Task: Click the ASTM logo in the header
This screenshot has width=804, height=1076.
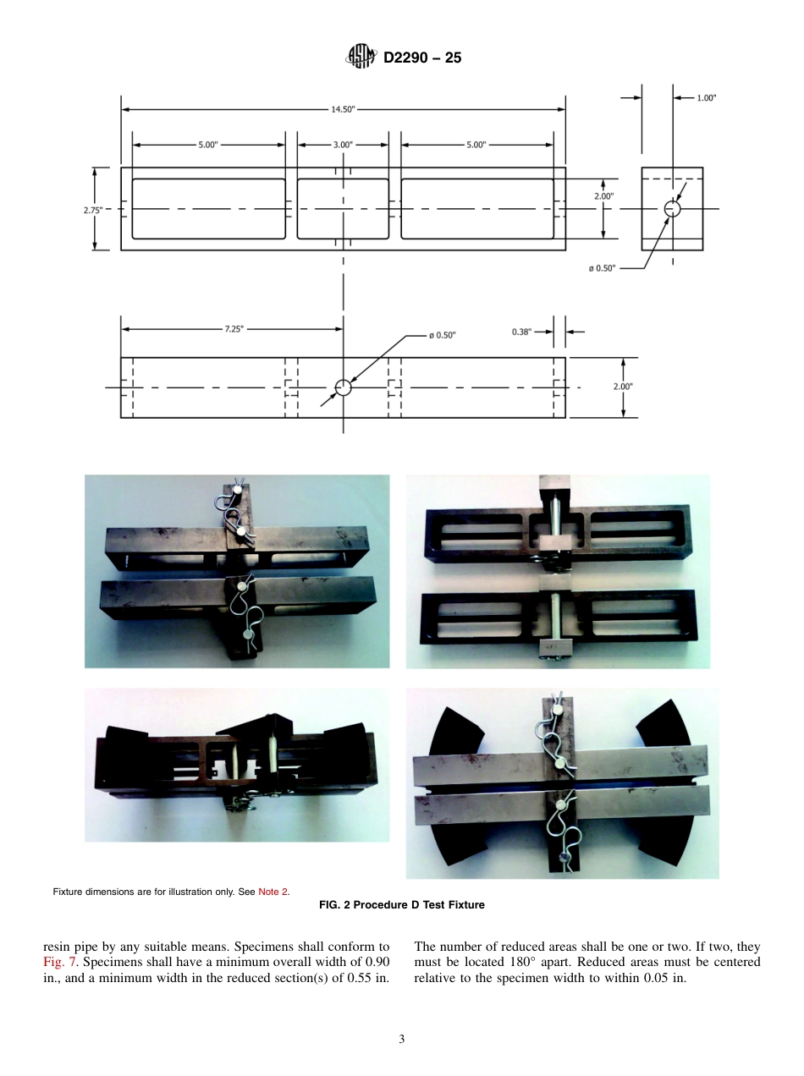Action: point(360,58)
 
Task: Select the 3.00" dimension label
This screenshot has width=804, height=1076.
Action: point(342,145)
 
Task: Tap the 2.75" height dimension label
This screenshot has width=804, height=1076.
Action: point(93,210)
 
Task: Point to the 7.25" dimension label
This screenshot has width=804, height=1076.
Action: point(234,329)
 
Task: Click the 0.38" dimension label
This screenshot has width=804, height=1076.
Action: point(522,332)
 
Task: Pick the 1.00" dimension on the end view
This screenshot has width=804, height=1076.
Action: point(705,98)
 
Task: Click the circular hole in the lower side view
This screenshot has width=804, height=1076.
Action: point(343,387)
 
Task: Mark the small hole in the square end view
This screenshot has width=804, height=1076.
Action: point(672,208)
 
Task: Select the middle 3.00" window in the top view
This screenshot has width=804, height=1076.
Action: point(343,208)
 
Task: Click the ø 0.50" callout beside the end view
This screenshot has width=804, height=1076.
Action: point(603,268)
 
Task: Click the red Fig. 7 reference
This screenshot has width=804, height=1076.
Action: point(57,962)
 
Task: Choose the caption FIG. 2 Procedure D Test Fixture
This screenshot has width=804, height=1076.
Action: point(401,905)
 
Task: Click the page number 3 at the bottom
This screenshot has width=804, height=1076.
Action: point(401,1040)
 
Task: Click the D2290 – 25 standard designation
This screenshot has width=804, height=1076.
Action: point(422,58)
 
